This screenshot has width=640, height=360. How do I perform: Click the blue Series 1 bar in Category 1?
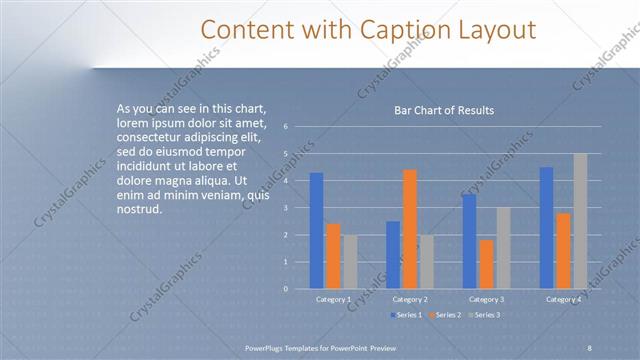pyautogui.click(x=316, y=230)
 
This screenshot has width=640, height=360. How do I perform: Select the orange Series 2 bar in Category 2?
pyautogui.click(x=410, y=229)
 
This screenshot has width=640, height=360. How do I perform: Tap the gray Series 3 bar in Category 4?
pyautogui.click(x=580, y=221)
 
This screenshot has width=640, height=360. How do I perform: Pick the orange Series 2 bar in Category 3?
pyautogui.click(x=486, y=264)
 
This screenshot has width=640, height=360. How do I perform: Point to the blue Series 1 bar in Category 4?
pyautogui.click(x=546, y=228)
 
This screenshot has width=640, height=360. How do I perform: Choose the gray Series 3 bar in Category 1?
pyautogui.click(x=350, y=262)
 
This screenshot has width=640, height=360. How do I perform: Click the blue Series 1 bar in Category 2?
pyautogui.click(x=393, y=255)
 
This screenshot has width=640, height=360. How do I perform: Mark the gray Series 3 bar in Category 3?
pyautogui.click(x=503, y=248)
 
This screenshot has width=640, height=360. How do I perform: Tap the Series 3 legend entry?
pyautogui.click(x=484, y=315)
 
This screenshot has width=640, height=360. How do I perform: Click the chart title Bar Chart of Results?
pyautogui.click(x=443, y=110)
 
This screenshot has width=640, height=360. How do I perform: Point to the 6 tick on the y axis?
pyautogui.click(x=286, y=127)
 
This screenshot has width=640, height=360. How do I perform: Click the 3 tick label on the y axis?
pyautogui.click(x=286, y=208)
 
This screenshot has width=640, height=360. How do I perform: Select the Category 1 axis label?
pyautogui.click(x=333, y=299)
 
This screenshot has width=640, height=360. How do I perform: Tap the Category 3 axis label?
pyautogui.click(x=487, y=299)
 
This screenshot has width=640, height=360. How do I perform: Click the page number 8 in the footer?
pyautogui.click(x=590, y=347)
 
